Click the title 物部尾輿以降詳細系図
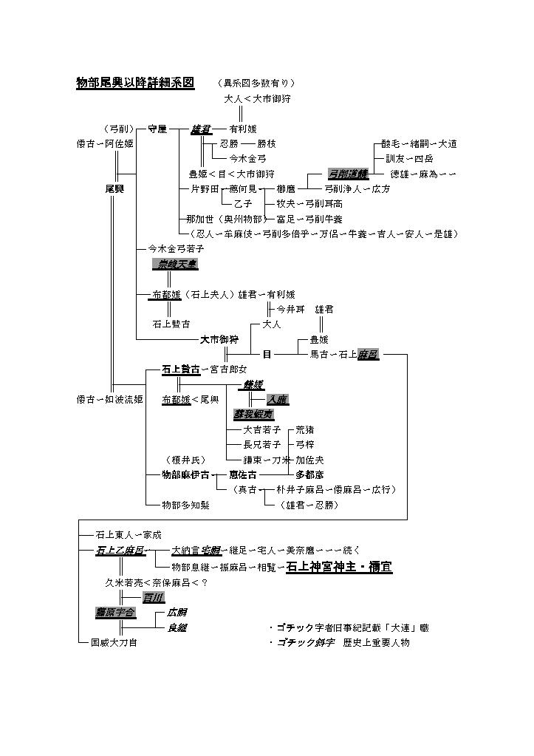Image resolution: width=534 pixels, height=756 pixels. [135, 83]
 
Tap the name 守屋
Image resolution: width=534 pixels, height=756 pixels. [157, 129]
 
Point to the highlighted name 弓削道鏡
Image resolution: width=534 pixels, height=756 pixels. [348, 174]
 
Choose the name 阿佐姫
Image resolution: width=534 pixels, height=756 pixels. [120, 143]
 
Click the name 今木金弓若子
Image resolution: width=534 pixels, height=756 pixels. [174, 249]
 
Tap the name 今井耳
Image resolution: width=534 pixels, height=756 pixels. [290, 309]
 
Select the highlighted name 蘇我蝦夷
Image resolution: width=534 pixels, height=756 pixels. [254, 414]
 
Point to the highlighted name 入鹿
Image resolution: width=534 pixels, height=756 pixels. [278, 399]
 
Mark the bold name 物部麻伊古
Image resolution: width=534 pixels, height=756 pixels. [185, 474]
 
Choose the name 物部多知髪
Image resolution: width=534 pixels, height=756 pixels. [185, 505]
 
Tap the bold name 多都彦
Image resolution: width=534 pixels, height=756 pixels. [309, 474]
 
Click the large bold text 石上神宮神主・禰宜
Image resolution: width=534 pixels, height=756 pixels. [339, 567]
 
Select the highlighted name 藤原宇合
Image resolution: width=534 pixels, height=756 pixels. [115, 613]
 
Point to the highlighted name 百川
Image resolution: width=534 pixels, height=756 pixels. [154, 597]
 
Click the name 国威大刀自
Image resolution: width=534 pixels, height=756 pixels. [114, 642]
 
